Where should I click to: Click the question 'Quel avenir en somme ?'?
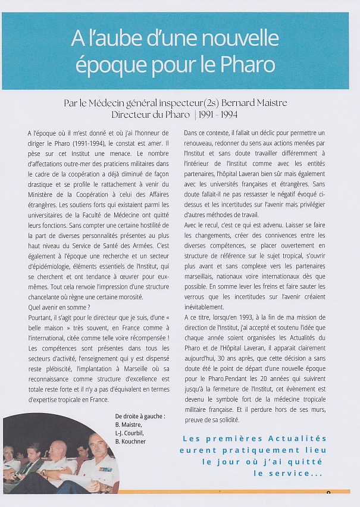click(x=59, y=306)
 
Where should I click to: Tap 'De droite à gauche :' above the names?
click(x=140, y=416)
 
